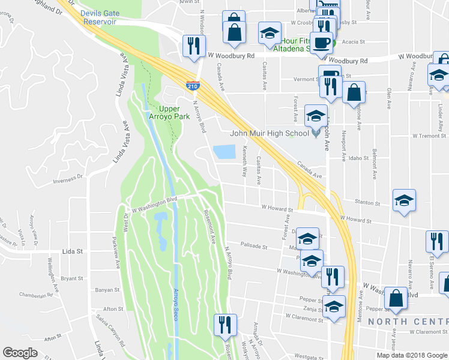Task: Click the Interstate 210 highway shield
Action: tap(193, 86)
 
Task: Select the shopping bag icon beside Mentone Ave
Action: tap(354, 92)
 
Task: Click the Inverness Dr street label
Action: tap(67, 178)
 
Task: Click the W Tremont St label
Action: tap(430, 136)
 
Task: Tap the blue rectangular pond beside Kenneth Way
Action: tap(224, 152)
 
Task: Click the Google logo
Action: tap(20, 353)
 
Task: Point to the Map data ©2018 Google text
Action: tap(412, 355)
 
